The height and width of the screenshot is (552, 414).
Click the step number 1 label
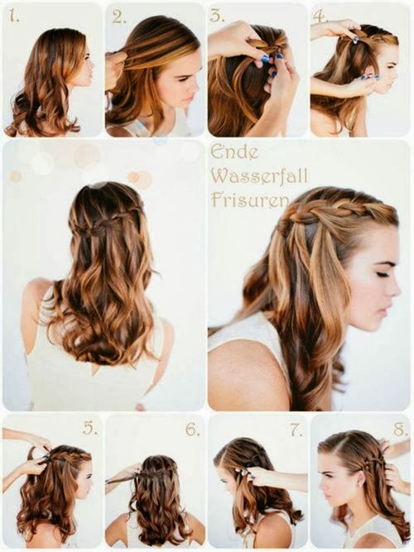[14, 17]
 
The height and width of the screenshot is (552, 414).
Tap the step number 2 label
[118, 17]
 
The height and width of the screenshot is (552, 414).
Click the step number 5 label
[90, 428]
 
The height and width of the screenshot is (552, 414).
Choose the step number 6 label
[192, 429]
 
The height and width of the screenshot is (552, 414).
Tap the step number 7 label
[296, 429]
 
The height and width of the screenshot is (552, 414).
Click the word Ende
[234, 152]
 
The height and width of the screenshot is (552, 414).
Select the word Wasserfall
[259, 175]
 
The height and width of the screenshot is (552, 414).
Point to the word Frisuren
[248, 199]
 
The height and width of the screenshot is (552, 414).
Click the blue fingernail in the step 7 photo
[253, 478]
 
